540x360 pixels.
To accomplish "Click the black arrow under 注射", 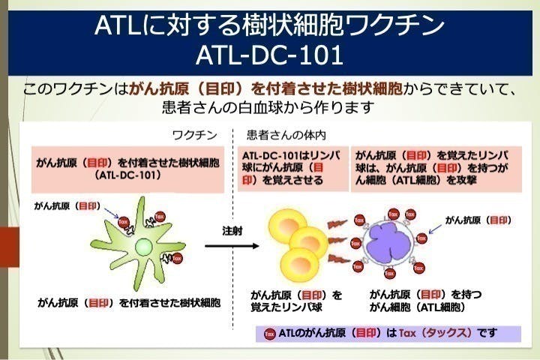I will click(x=231, y=245).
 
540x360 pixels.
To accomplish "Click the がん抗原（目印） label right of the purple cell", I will click(x=478, y=220).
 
